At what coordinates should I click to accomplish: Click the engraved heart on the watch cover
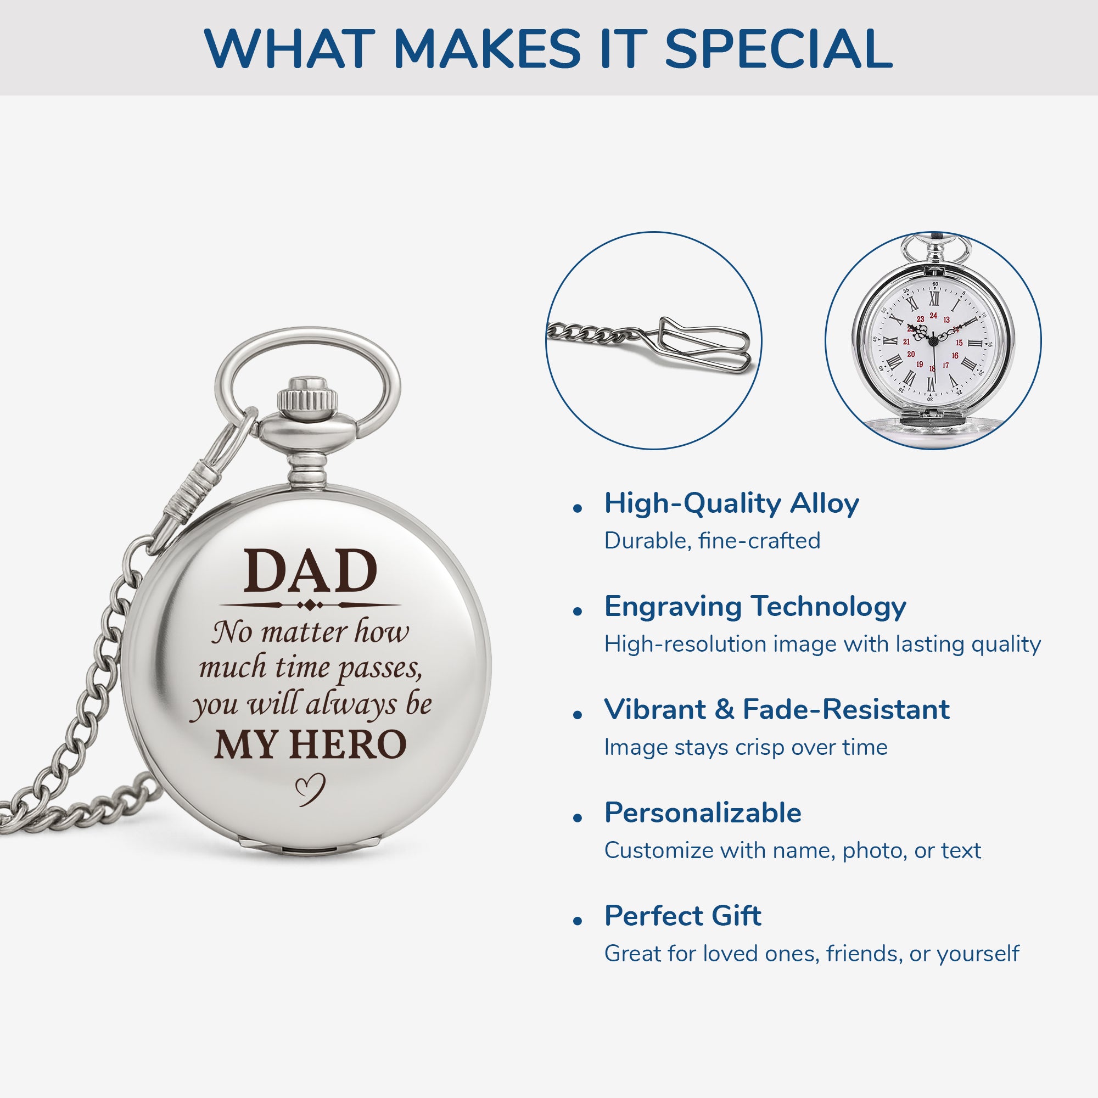click(x=310, y=789)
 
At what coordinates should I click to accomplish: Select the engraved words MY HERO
click(x=310, y=744)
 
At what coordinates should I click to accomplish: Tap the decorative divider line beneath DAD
click(x=310, y=605)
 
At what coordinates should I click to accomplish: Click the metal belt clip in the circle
click(x=705, y=344)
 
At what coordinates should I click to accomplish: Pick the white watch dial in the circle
click(x=933, y=341)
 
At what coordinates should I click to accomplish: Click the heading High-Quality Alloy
click(x=731, y=503)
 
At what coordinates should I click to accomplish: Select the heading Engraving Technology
click(x=755, y=607)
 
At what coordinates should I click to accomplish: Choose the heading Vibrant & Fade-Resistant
click(x=776, y=710)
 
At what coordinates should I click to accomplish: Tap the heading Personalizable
click(x=703, y=813)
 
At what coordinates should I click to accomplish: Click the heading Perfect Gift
click(x=682, y=916)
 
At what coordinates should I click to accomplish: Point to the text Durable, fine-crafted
click(x=712, y=540)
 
